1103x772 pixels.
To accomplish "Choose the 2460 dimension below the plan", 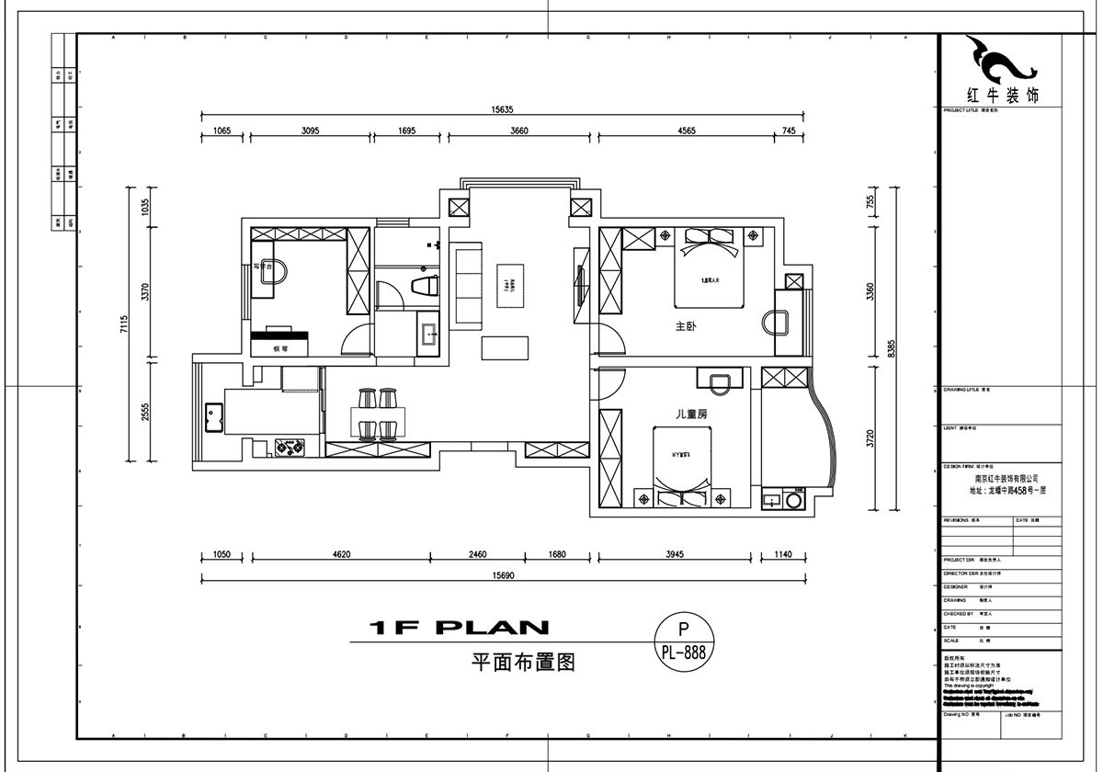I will tap(477, 554).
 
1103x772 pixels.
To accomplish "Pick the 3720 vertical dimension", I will tap(871, 439).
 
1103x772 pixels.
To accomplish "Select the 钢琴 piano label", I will tap(281, 349).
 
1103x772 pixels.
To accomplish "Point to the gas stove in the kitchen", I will tap(291, 448).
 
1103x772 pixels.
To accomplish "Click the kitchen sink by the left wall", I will tap(212, 416).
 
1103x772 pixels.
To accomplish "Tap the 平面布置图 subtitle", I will tap(522, 661).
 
